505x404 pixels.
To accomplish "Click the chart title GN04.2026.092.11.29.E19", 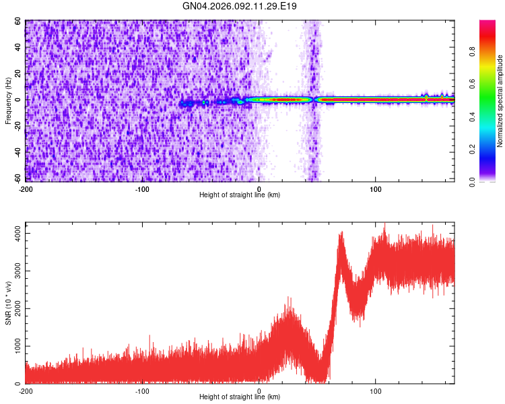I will (240, 7).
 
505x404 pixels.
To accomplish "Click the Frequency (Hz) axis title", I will (9, 100).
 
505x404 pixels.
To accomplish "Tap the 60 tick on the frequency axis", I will (18, 22).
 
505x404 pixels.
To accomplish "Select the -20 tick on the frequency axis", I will (16, 126).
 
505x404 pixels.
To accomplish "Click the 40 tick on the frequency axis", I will (18, 48).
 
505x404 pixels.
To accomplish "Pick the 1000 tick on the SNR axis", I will (13, 346).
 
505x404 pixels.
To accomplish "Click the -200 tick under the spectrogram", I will (26, 189).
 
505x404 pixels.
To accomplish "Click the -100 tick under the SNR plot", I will (142, 391).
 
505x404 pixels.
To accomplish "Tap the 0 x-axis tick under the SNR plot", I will (259, 391).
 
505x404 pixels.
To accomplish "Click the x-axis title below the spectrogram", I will (240, 195).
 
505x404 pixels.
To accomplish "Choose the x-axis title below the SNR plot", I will (240, 398).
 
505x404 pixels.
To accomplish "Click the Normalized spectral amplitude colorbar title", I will (500, 101).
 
